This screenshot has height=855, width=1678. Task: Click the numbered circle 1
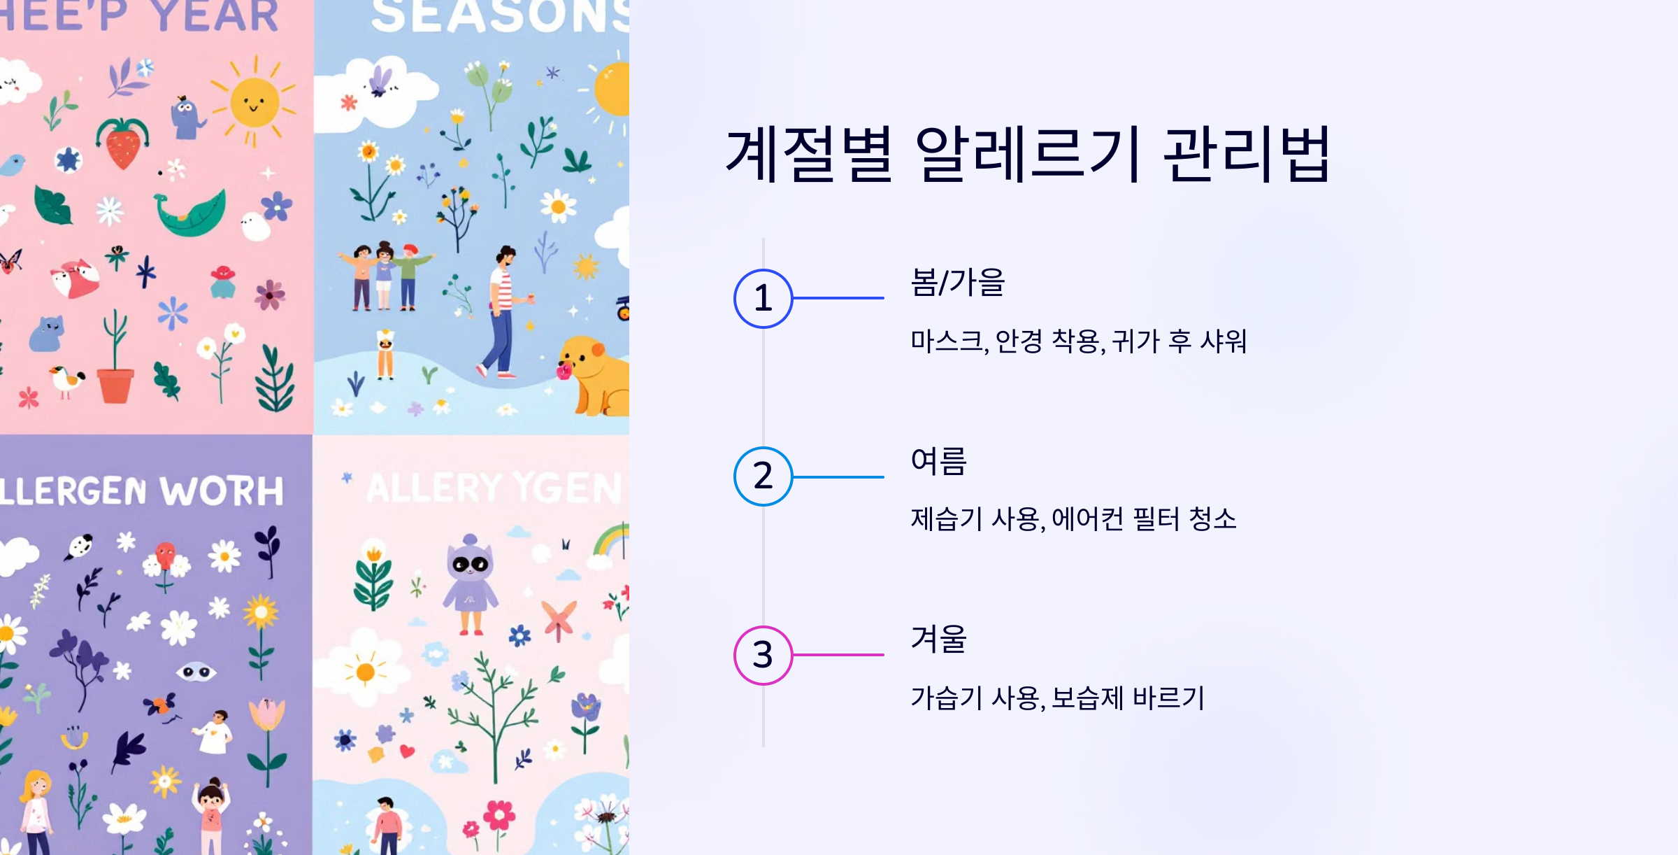pos(763,299)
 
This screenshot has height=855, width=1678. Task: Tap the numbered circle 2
pos(763,476)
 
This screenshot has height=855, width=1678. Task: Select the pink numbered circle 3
pos(763,655)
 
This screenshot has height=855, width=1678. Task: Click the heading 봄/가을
pos(957,283)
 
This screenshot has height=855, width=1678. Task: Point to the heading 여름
pos(938,461)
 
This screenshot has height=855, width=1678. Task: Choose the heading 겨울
pos(938,640)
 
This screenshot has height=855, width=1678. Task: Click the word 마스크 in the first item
pos(947,341)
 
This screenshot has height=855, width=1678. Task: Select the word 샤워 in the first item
pos(1224,341)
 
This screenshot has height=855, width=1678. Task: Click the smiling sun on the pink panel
pos(254,103)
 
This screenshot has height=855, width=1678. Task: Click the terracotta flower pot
pos(115,385)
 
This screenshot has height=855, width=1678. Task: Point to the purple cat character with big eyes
pos(471,584)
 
